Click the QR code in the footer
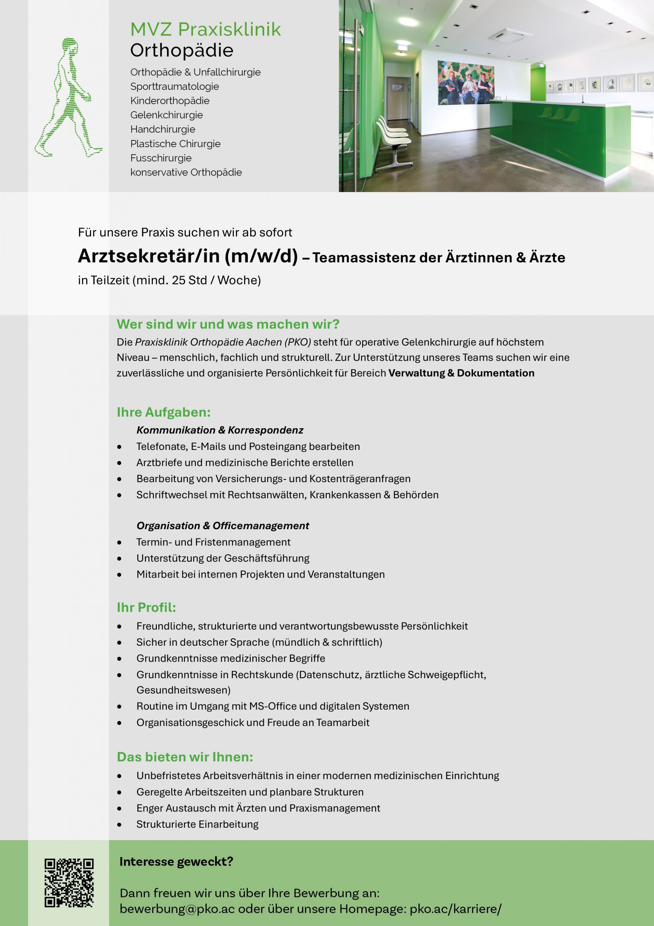point(69,883)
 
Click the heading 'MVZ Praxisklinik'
point(206,29)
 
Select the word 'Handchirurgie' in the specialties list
point(163,129)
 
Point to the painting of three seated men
point(466,83)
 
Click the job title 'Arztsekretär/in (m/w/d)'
point(188,256)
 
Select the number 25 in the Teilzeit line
point(178,280)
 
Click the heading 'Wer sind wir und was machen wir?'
point(228,324)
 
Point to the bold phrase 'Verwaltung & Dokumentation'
point(461,373)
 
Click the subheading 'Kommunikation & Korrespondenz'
point(220,430)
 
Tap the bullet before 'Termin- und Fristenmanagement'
point(119,543)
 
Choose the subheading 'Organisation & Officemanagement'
point(223,526)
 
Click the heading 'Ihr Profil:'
point(146,607)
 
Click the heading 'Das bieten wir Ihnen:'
point(185,757)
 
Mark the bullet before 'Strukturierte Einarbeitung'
point(119,825)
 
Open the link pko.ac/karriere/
point(455,909)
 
